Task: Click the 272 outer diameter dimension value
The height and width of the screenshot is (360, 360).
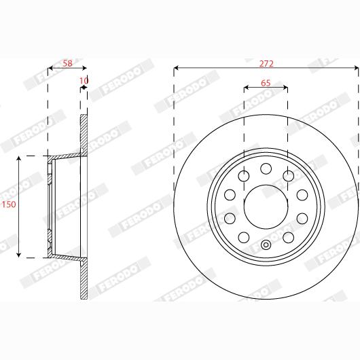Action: coord(266,63)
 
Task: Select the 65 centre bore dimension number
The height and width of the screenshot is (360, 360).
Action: coord(266,83)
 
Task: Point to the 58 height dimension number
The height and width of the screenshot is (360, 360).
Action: coord(67,63)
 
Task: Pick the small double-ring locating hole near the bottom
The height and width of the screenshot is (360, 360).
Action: coord(266,246)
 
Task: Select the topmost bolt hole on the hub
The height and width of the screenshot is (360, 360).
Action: coord(266,168)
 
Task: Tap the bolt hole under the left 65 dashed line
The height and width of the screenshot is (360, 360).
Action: coord(243,175)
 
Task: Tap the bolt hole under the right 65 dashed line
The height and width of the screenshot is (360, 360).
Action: coord(289,175)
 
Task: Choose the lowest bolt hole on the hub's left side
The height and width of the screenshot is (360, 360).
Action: coord(243,236)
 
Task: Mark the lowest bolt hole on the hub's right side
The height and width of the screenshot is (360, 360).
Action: coord(289,236)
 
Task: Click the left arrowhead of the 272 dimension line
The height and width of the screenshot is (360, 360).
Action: coord(177,69)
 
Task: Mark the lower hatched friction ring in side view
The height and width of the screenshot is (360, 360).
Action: coord(84,278)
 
